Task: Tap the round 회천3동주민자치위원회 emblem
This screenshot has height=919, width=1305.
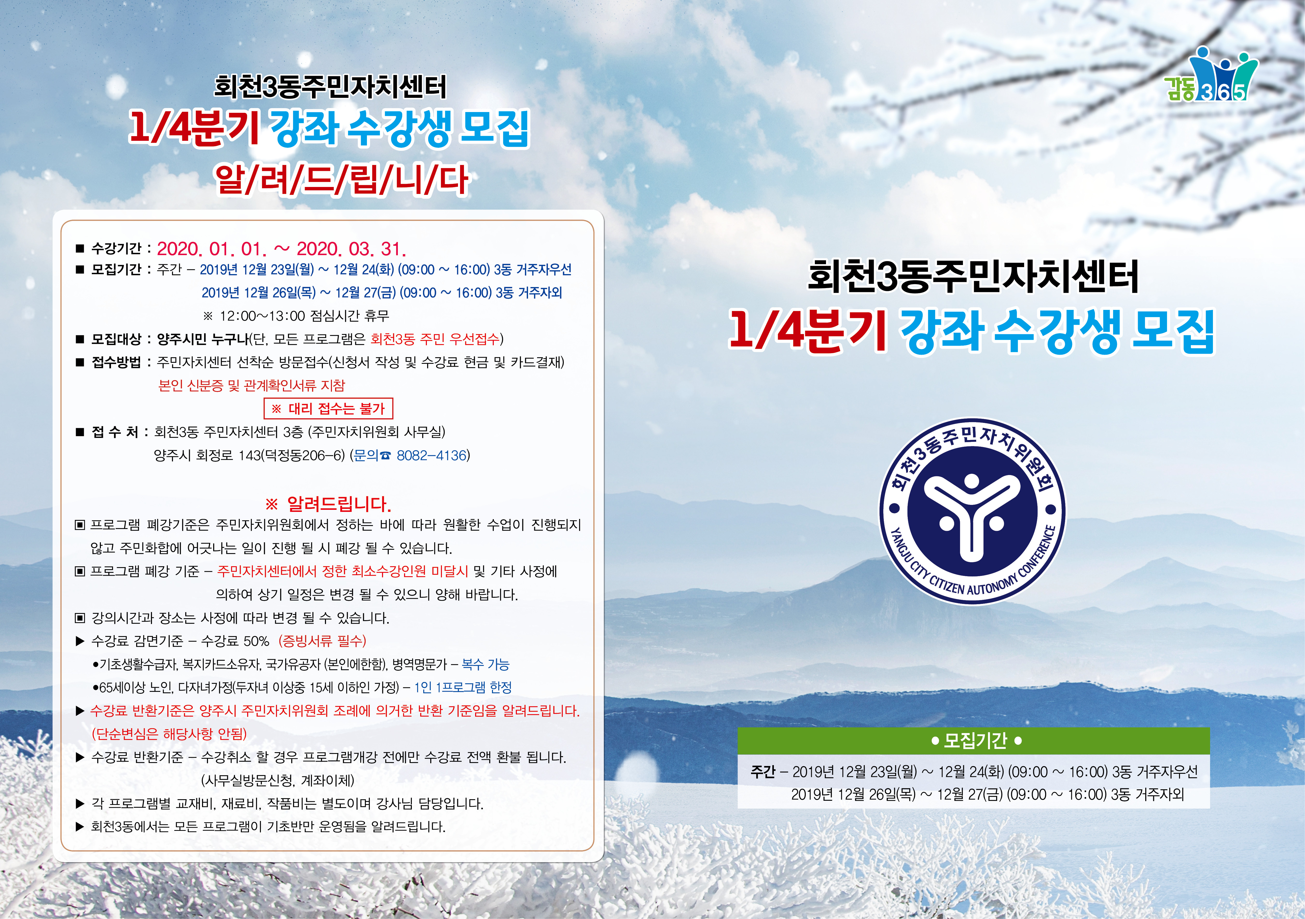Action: tap(973, 510)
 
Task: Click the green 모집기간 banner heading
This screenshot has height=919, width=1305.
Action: tap(973, 740)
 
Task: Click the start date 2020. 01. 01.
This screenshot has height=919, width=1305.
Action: tap(211, 249)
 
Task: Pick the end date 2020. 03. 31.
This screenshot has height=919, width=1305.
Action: tap(351, 249)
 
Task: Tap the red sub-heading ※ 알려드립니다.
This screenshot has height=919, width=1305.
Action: tap(329, 504)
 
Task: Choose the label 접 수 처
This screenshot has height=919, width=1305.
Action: tap(115, 432)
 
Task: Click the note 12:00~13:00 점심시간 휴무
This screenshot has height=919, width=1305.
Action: tap(296, 315)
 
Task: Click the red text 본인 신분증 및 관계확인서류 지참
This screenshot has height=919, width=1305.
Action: tap(251, 385)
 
